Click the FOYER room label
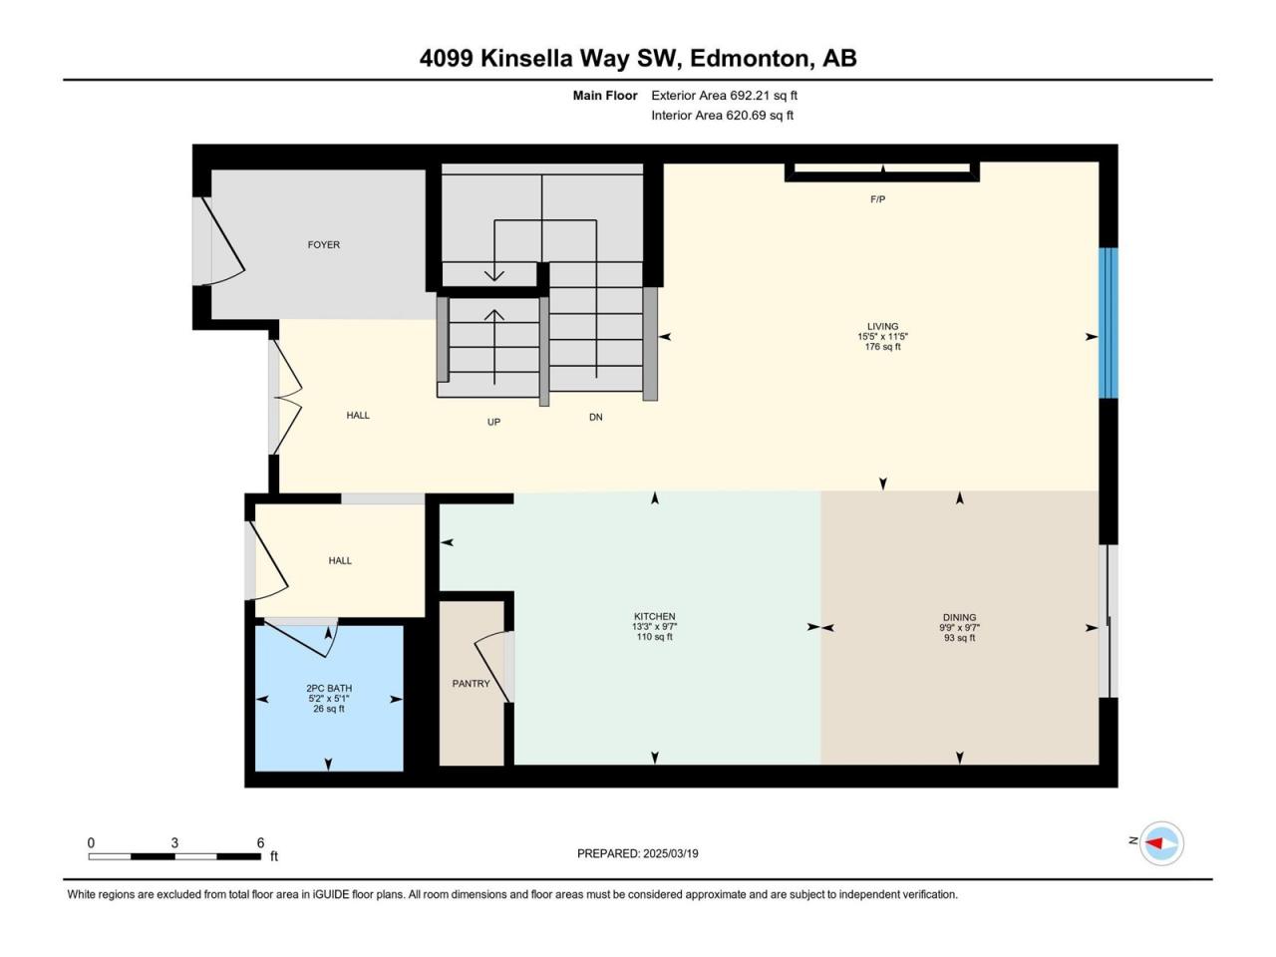(323, 245)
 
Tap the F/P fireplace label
(877, 200)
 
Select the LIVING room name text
(882, 327)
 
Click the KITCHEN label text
(655, 616)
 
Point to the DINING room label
(959, 618)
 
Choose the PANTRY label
(471, 684)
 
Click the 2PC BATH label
(329, 689)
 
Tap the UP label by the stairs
(493, 423)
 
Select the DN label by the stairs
(595, 418)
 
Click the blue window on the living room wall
(1108, 323)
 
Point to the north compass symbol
(1161, 843)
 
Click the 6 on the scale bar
(260, 842)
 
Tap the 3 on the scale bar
(174, 842)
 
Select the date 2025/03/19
(670, 853)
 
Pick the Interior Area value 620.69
(745, 115)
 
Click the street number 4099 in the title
(446, 59)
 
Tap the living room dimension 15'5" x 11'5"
(882, 336)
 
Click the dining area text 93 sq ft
(959, 638)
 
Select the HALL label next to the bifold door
(358, 416)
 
